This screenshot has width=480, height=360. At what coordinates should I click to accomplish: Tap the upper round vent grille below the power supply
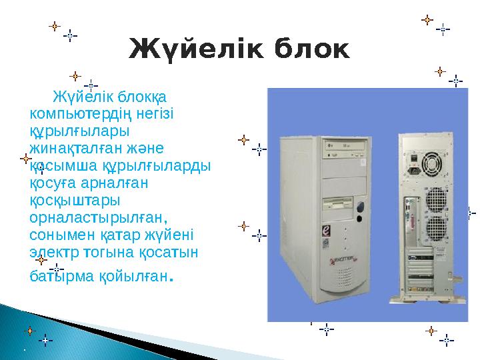point(434,199)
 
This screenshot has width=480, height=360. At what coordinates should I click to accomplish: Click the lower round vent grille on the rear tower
point(434,227)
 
